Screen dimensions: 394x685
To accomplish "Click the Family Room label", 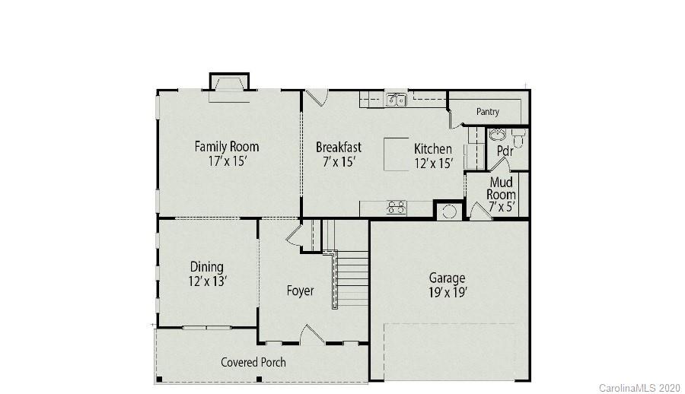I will pyautogui.click(x=226, y=146).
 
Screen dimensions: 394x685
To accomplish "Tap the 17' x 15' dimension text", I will pyautogui.click(x=226, y=161).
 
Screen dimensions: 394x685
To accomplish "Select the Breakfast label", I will pyautogui.click(x=339, y=147).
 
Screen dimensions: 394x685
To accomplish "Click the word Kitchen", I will pyautogui.click(x=432, y=149).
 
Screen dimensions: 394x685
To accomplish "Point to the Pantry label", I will pyautogui.click(x=488, y=112).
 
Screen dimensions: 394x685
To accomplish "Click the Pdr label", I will pyautogui.click(x=505, y=151).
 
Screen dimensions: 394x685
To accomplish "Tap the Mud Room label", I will pyautogui.click(x=501, y=188).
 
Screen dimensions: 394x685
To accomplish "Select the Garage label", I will pyautogui.click(x=447, y=278).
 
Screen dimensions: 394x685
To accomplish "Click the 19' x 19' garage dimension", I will pyautogui.click(x=447, y=292).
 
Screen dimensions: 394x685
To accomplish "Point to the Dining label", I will pyautogui.click(x=207, y=266).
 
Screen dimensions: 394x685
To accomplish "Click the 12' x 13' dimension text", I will pyautogui.click(x=207, y=281).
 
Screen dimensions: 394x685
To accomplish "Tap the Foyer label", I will pyautogui.click(x=300, y=291).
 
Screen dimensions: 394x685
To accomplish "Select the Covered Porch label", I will pyautogui.click(x=253, y=362).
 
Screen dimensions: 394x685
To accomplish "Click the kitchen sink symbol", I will pyautogui.click(x=395, y=100).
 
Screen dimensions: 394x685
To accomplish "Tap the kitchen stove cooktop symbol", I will pyautogui.click(x=396, y=207).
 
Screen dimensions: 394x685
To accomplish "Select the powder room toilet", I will pyautogui.click(x=518, y=138).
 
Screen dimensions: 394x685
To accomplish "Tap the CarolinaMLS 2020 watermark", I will pyautogui.click(x=639, y=388).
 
